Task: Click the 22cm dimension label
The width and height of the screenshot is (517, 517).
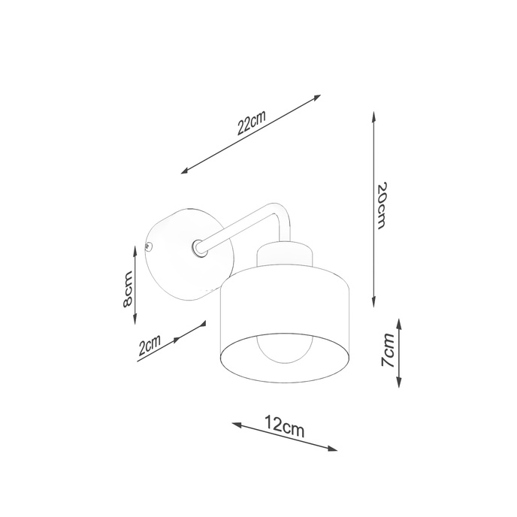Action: pos(251,122)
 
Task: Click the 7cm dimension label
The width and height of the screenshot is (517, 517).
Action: pos(387,351)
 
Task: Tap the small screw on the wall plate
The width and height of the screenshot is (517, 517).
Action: pos(149,246)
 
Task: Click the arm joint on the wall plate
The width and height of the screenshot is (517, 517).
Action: pos(198,246)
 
